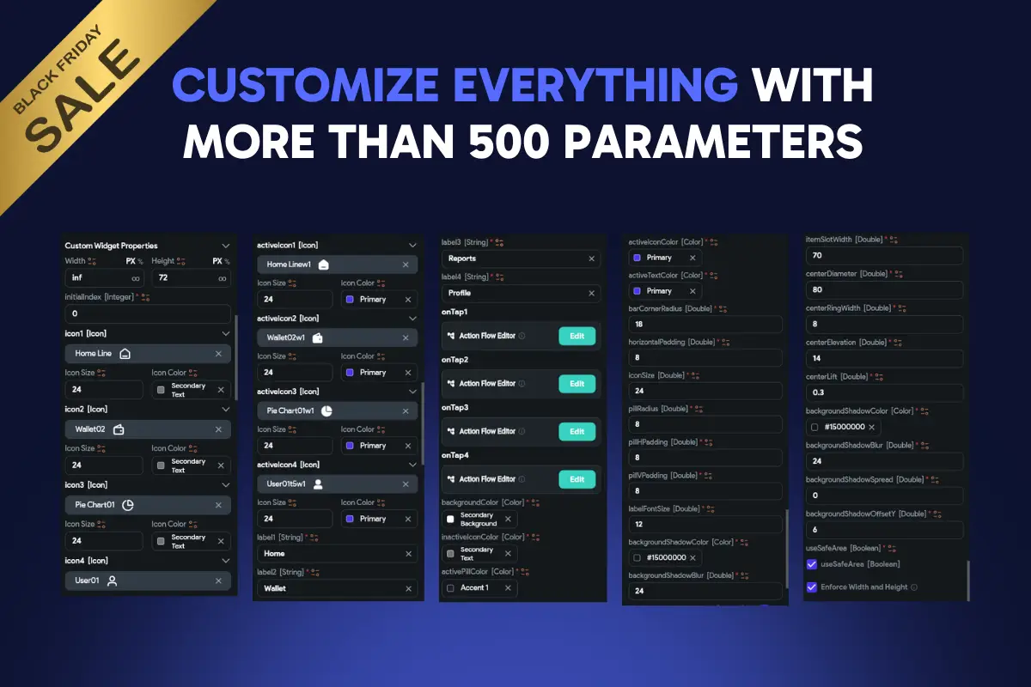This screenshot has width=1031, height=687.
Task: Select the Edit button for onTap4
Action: pyautogui.click(x=577, y=479)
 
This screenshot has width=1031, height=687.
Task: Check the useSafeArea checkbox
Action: pyautogui.click(x=812, y=564)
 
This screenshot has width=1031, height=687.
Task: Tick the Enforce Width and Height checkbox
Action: pyautogui.click(x=812, y=587)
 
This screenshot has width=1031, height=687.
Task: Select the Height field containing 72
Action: pyautogui.click(x=190, y=278)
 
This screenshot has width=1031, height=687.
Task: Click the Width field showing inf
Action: pyautogui.click(x=103, y=278)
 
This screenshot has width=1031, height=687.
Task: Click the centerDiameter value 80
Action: pyautogui.click(x=883, y=290)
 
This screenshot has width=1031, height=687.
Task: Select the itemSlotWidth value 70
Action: pyautogui.click(x=883, y=256)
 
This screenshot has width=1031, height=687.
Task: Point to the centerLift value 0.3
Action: pyautogui.click(x=883, y=392)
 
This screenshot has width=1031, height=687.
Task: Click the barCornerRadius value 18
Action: pyautogui.click(x=705, y=325)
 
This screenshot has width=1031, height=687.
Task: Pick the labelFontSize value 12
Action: pyautogui.click(x=705, y=524)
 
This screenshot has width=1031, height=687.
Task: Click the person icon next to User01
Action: pyautogui.click(x=111, y=581)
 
